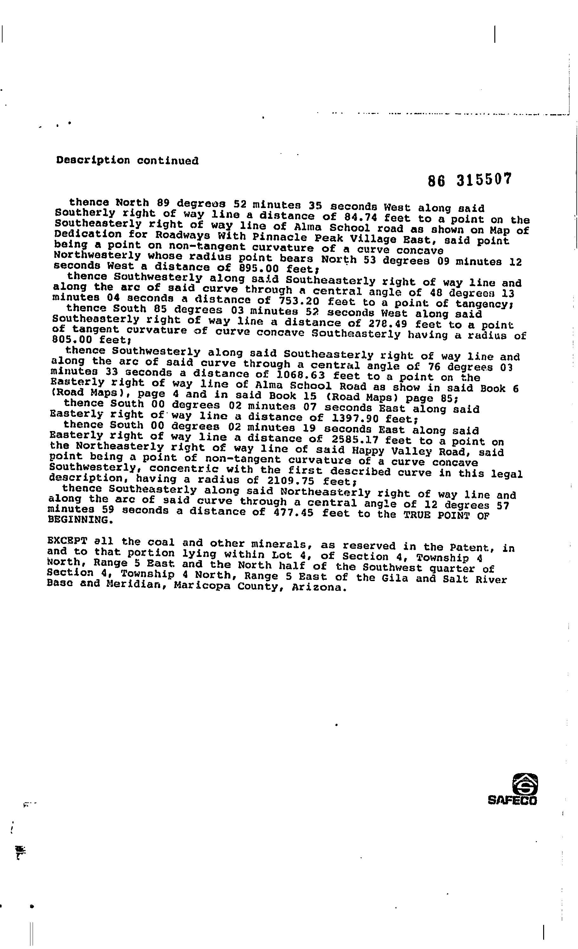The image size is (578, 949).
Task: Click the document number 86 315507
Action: pyautogui.click(x=470, y=180)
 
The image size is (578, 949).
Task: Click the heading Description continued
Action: pyautogui.click(x=127, y=160)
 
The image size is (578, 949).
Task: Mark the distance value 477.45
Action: pyautogui.click(x=292, y=513)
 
